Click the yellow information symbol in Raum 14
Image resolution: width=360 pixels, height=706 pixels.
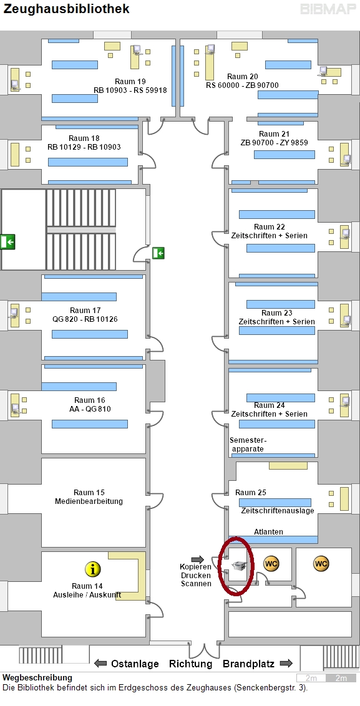[x=93, y=569]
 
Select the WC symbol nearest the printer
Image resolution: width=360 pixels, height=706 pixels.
[x=271, y=563]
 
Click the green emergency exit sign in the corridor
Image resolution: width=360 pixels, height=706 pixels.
[x=158, y=253]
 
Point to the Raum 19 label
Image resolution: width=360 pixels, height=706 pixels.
[x=130, y=82]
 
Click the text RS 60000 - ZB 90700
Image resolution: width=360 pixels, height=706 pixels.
[x=243, y=85]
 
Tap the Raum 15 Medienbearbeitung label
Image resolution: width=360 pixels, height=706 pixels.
[x=89, y=496]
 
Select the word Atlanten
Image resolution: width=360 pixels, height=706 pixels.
[x=268, y=532]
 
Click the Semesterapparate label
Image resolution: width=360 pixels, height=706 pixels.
[x=248, y=445]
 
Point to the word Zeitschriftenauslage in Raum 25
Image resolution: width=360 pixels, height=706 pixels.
[x=278, y=511]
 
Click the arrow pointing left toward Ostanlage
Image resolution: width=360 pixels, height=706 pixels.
[x=100, y=663]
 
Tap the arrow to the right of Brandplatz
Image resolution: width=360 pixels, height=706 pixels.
[x=286, y=663]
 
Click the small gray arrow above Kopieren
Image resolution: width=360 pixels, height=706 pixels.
[x=198, y=559]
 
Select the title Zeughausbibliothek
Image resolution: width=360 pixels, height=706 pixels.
[x=66, y=9]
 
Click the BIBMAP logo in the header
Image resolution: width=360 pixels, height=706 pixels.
[x=328, y=9]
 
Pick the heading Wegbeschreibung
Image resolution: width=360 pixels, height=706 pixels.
[x=37, y=678]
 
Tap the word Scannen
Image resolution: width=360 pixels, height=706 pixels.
[x=196, y=584]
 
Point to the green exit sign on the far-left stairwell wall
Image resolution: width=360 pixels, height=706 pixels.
[x=7, y=242]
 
